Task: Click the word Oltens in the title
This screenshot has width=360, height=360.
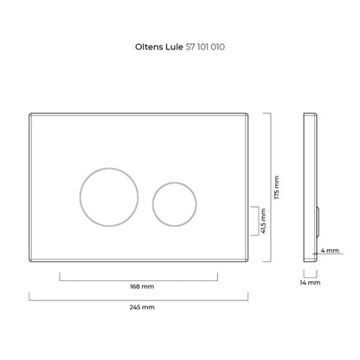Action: pyautogui.click(x=149, y=47)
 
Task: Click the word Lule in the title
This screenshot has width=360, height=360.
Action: pyautogui.click(x=174, y=47)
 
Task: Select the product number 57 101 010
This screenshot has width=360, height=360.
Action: pyautogui.click(x=205, y=47)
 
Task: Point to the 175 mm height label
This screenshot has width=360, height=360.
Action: pyautogui.click(x=277, y=187)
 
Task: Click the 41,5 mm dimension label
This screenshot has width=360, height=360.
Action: pyautogui.click(x=263, y=221)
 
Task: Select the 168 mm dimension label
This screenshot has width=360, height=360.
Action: pyautogui.click(x=142, y=286)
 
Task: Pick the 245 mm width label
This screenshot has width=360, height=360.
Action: pyautogui.click(x=142, y=307)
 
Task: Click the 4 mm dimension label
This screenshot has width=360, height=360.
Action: pyautogui.click(x=330, y=250)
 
